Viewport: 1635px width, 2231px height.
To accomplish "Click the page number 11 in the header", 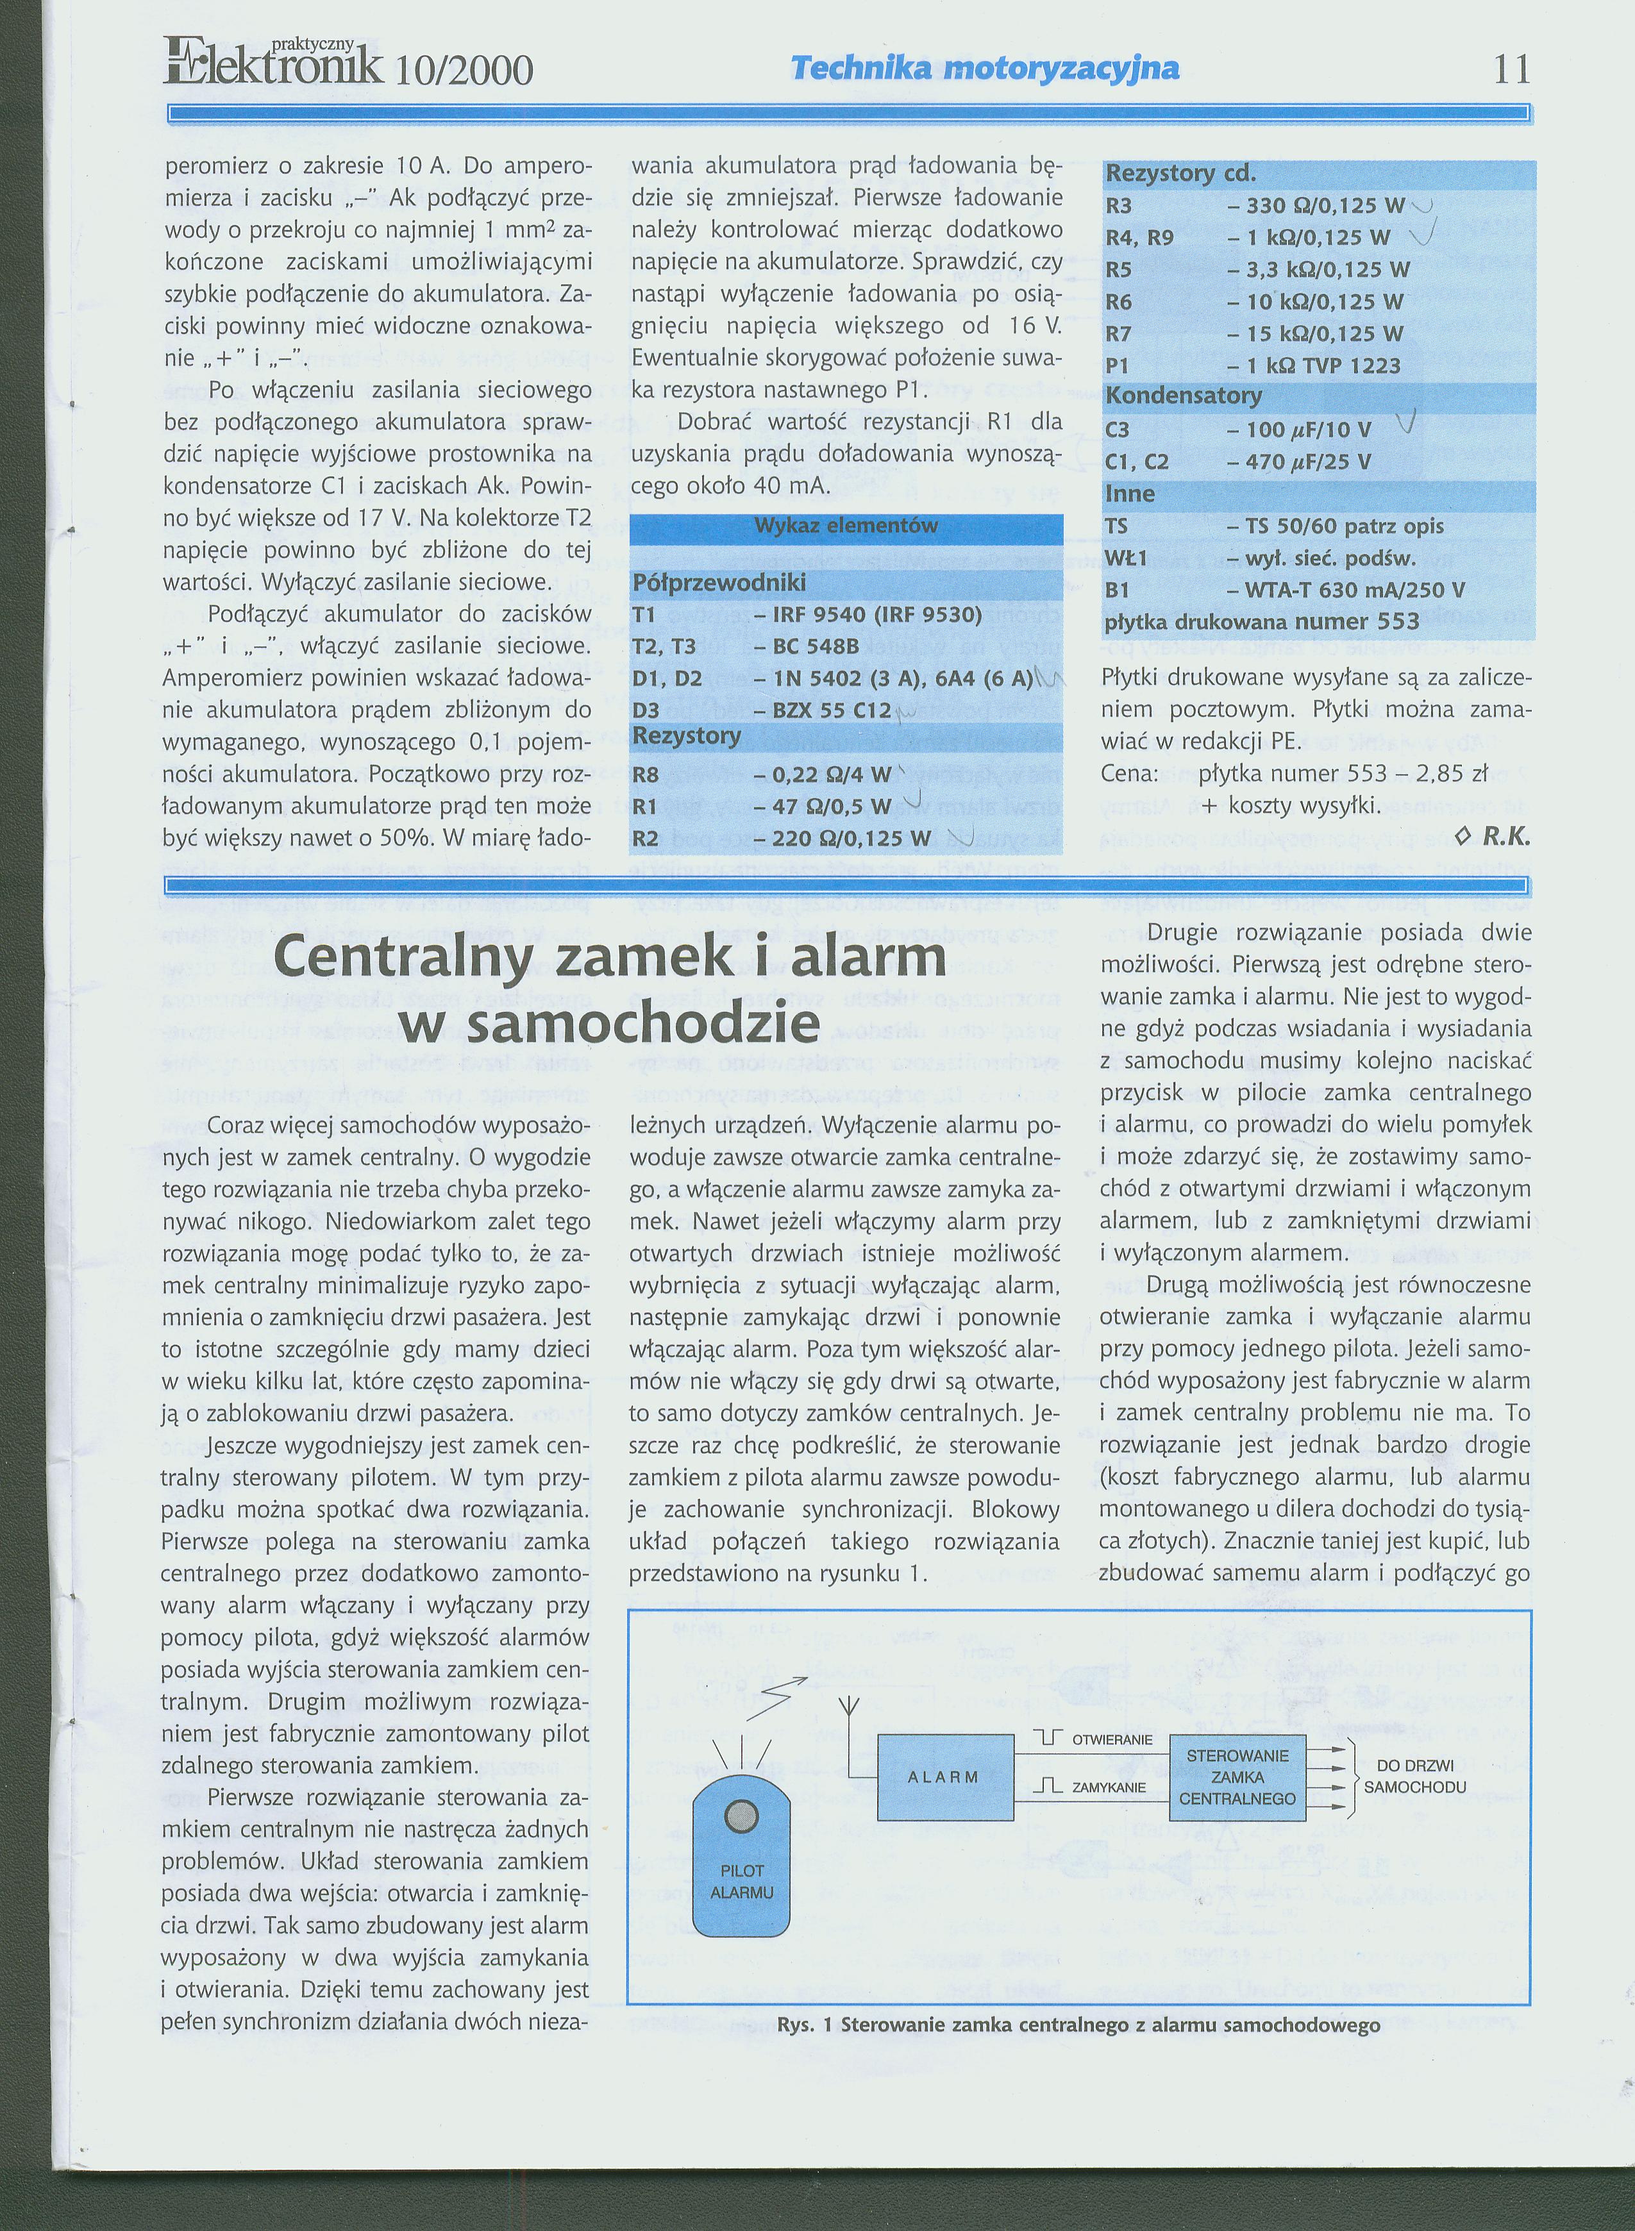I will pos(1511,69).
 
